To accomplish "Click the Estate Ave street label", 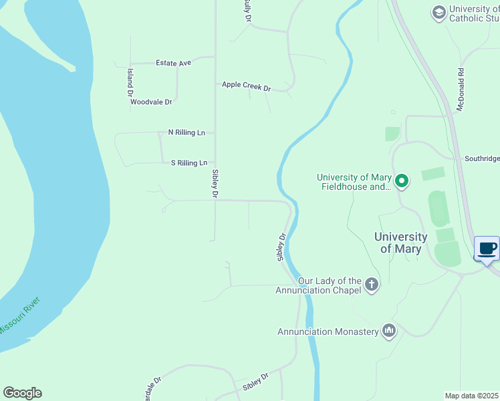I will click(173, 63).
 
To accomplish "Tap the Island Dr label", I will click(130, 84).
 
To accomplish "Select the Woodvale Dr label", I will click(151, 102).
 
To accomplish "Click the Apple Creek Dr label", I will click(246, 86).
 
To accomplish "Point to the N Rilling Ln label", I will click(186, 132).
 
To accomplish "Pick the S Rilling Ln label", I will click(189, 162).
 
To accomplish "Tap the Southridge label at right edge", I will click(481, 158).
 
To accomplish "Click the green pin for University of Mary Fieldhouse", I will click(402, 181).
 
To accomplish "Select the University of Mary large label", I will click(400, 243).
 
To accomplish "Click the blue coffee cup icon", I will click(487, 249).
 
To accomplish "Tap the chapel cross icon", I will click(372, 285).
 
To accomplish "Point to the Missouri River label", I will click(19, 315).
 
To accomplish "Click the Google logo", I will click(22, 393).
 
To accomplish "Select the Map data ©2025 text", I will click(472, 396).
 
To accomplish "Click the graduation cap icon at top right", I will click(439, 13).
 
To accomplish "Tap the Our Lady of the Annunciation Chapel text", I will click(319, 285).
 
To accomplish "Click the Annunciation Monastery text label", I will click(328, 331).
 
